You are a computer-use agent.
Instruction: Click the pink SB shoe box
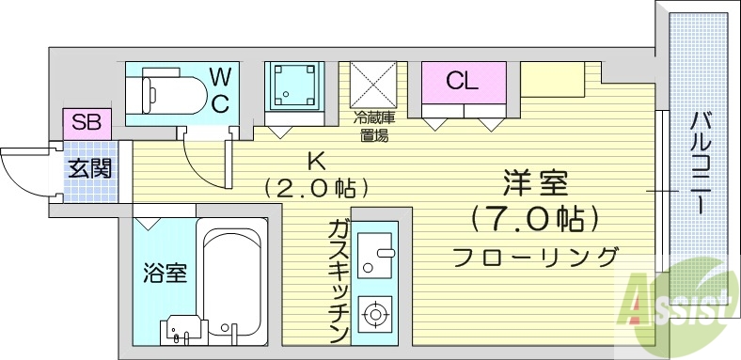point(87,123)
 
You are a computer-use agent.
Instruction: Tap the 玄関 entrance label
point(90,170)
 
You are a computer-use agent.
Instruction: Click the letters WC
point(218,89)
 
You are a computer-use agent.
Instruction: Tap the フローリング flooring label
point(535,257)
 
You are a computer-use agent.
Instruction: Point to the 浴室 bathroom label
point(165,274)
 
